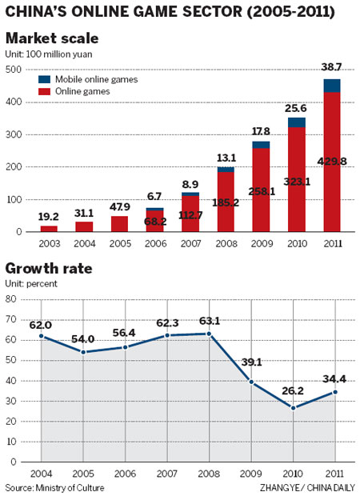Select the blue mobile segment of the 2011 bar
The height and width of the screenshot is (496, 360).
pyautogui.click(x=331, y=86)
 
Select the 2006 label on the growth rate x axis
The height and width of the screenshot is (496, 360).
pyautogui.click(x=127, y=474)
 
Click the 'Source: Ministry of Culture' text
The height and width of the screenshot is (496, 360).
pyautogui.click(x=54, y=486)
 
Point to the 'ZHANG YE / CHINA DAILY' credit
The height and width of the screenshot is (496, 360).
pyautogui.click(x=306, y=486)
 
